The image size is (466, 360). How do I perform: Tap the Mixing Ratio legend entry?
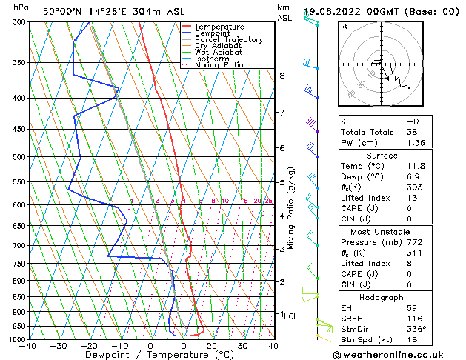(x=219, y=65)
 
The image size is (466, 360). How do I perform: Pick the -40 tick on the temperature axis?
(x=29, y=345)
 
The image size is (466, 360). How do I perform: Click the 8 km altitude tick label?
(x=282, y=76)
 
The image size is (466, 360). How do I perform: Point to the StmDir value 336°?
(x=417, y=329)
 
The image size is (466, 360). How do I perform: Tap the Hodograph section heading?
(x=382, y=297)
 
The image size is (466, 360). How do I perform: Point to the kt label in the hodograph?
(x=344, y=27)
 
